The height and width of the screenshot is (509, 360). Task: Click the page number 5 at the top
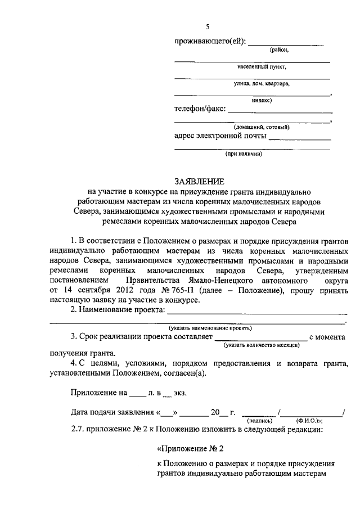[208, 27]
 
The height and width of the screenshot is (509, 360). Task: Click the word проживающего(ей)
[210, 41]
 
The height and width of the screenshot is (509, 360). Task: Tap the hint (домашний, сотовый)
[262, 127]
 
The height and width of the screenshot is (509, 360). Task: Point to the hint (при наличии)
[244, 152]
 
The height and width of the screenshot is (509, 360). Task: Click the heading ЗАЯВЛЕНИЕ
[199, 181]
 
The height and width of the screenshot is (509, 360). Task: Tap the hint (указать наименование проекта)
[210, 327]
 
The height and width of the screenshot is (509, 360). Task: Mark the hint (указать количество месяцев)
[260, 345]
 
